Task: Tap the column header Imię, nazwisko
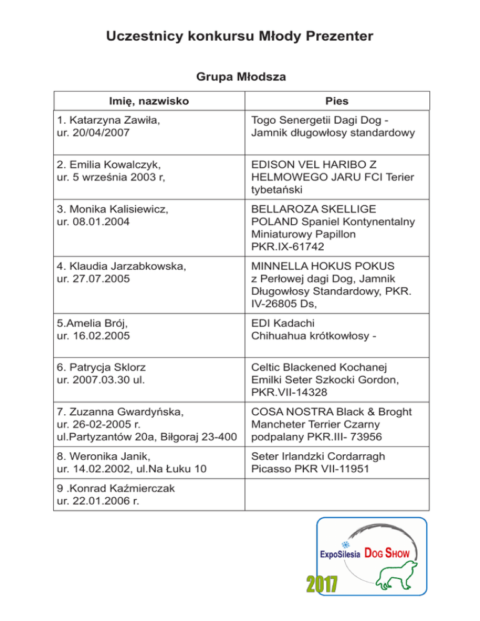tap(148, 101)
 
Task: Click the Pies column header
tap(336, 101)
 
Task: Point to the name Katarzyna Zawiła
tap(113, 121)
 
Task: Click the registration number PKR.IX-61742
tap(288, 247)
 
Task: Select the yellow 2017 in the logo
tap(321, 584)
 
